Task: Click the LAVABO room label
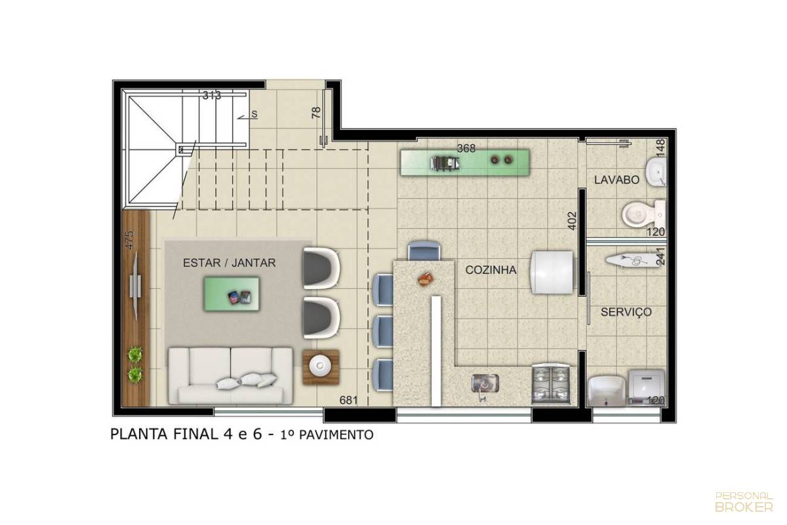tap(616, 180)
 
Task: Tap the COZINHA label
tap(491, 269)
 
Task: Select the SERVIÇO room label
tap(626, 312)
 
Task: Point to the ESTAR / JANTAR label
tap(230, 263)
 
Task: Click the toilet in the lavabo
tap(643, 214)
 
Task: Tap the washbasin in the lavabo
tap(656, 171)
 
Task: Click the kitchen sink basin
tap(485, 383)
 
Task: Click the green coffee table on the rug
tap(232, 294)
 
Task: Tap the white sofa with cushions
tap(230, 376)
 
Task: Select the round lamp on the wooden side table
tap(320, 366)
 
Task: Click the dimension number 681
tap(348, 400)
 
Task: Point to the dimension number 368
tap(466, 149)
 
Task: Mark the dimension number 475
tap(130, 240)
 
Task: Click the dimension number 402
tap(573, 221)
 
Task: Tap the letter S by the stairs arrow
tap(254, 114)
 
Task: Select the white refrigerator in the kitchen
tap(552, 272)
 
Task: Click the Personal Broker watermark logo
tap(744, 501)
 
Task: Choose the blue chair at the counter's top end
tap(424, 251)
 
